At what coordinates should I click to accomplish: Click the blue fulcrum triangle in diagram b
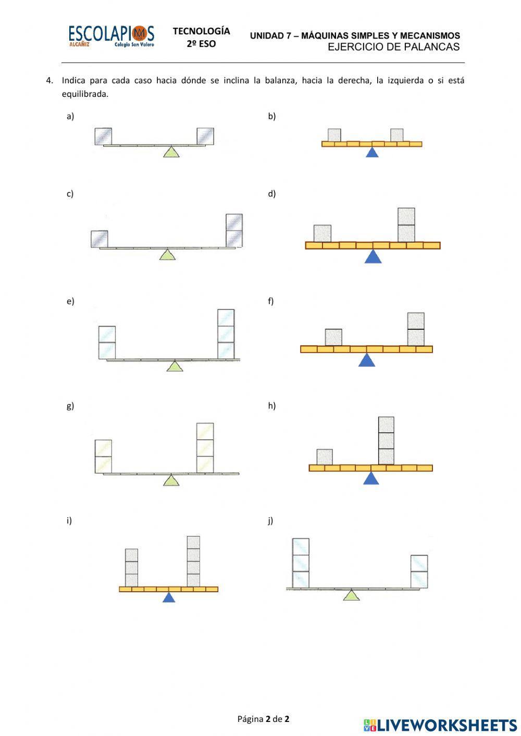tap(371, 153)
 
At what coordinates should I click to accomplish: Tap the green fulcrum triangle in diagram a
tap(171, 152)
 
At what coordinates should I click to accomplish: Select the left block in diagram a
tap(103, 136)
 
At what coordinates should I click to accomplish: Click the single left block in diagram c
tap(99, 239)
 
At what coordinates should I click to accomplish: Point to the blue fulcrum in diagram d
tap(373, 257)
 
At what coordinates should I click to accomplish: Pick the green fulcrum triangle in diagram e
tap(175, 366)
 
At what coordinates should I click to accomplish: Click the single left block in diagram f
tap(333, 337)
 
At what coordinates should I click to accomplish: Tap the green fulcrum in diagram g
tap(171, 481)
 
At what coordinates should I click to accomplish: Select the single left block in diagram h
tap(325, 457)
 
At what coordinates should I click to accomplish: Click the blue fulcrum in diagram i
tap(168, 597)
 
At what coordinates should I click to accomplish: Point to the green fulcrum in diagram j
tap(352, 595)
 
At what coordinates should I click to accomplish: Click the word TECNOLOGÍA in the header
tap(201, 31)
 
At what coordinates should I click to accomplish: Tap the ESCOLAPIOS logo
tap(111, 35)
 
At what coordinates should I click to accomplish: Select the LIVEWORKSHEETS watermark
tap(440, 725)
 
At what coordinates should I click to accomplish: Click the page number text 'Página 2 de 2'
tap(263, 719)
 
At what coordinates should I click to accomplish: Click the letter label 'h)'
tap(271, 406)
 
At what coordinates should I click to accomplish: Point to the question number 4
tap(49, 80)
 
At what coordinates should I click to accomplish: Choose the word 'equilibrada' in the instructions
tap(84, 94)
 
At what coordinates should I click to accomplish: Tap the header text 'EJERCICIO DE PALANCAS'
tap(393, 47)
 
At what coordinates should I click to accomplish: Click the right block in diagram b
tap(397, 135)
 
